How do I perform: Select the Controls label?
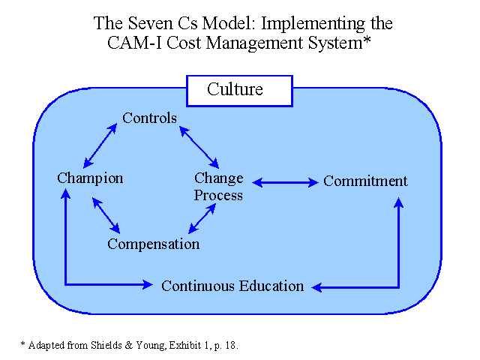coord(150,118)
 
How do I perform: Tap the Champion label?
coord(90,178)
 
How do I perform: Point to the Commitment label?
coord(365,181)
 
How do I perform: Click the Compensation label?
coord(153,244)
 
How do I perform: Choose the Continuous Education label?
coord(232,286)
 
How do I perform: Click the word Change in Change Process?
coord(219,178)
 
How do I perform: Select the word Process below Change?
coord(218,195)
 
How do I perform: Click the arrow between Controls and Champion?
coord(100,145)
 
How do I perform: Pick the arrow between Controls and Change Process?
coord(199,147)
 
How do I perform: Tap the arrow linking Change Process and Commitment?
coord(285,182)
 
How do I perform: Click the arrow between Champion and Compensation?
coord(106,215)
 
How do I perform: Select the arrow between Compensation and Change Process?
coord(202,218)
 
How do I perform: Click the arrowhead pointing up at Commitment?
coord(398,202)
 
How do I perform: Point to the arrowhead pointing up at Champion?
coord(65,193)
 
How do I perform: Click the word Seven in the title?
coord(150,23)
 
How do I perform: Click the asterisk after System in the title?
coord(367,40)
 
